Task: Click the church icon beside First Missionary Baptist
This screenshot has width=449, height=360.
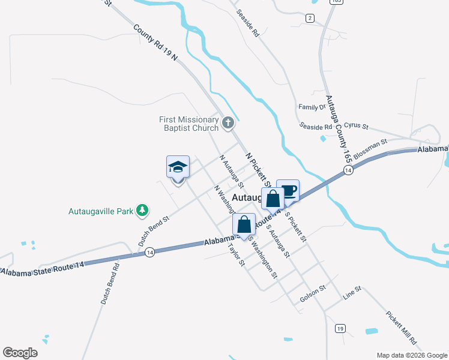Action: click(x=228, y=124)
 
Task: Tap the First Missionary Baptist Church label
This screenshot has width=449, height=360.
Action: click(x=188, y=124)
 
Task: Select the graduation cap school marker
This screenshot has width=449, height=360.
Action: click(x=178, y=167)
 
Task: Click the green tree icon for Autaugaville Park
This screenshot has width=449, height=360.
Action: click(x=142, y=210)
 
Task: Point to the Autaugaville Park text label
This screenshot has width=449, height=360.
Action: click(x=100, y=211)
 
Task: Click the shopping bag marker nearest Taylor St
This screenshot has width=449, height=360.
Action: click(x=244, y=225)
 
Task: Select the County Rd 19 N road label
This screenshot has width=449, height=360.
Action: click(x=156, y=42)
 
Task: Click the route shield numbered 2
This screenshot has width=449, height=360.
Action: click(x=310, y=18)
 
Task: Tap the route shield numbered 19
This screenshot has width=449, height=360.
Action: click(x=340, y=328)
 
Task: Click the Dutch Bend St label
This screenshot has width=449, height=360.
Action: click(x=154, y=230)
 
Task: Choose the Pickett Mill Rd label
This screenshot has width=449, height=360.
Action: click(x=401, y=326)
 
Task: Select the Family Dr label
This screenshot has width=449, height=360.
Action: click(x=312, y=107)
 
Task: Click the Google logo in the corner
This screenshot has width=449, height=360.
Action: click(x=20, y=353)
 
